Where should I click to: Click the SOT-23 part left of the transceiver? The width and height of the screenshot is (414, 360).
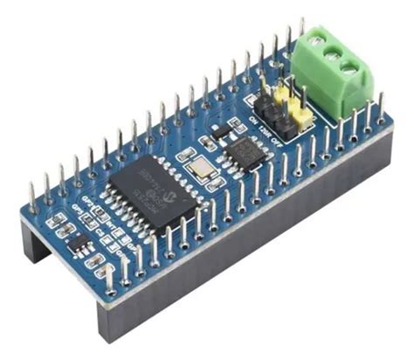(x=219, y=132)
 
